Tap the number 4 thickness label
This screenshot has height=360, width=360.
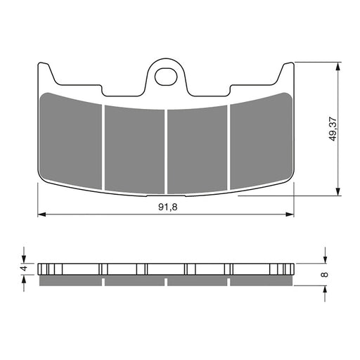click(x=24, y=268)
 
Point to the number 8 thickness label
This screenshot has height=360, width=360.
click(x=325, y=275)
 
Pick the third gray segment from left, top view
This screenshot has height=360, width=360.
click(x=197, y=148)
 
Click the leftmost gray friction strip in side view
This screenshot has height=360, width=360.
click(x=70, y=281)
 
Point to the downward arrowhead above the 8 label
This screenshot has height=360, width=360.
click(x=325, y=257)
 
